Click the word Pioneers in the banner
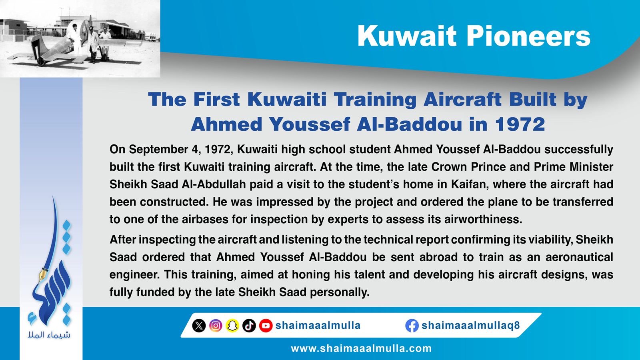tap(528, 36)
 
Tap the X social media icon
tap(199, 326)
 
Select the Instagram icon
tap(216, 326)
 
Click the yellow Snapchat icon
tap(232, 326)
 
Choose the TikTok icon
tap(249, 326)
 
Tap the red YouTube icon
tap(266, 326)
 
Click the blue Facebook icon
tap(412, 326)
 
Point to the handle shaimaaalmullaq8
tap(470, 326)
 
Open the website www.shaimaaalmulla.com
tap(361, 348)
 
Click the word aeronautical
tap(579, 257)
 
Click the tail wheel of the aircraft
tap(41, 62)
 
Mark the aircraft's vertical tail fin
tap(36, 46)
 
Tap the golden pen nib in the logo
tap(42, 274)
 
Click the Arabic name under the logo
tap(49, 334)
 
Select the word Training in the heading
tap(375, 100)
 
